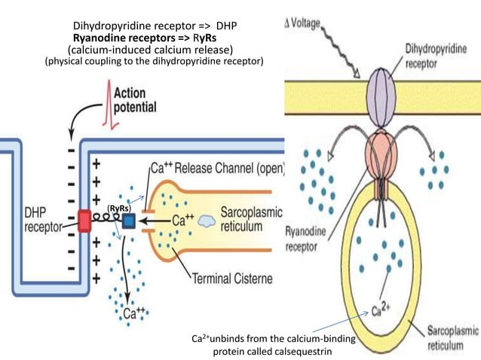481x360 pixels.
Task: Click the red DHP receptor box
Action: (x=84, y=221)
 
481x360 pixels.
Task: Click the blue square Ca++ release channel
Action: (x=128, y=221)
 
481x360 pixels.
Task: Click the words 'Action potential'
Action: (x=136, y=100)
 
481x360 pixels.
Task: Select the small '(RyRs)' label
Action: (x=119, y=207)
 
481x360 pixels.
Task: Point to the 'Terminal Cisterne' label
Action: (x=232, y=279)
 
